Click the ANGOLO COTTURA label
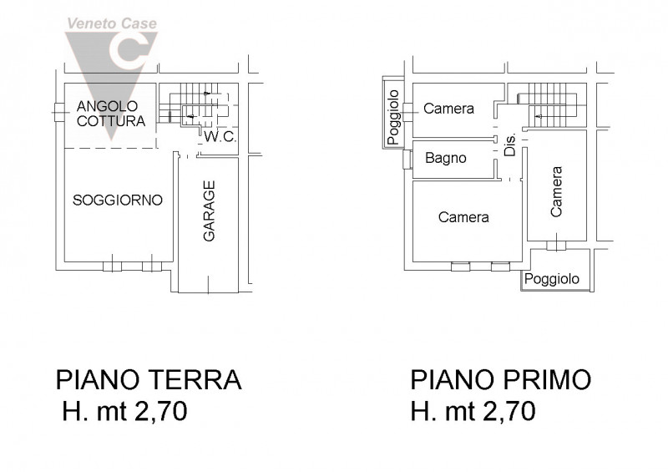[x=111, y=113]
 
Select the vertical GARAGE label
[x=210, y=212]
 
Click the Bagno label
[x=445, y=157]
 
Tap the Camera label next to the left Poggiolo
[x=448, y=109]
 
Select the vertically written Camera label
[x=557, y=191]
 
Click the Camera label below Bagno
[x=463, y=217]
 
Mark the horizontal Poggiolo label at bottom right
[x=552, y=279]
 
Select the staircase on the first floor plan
[x=551, y=107]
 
